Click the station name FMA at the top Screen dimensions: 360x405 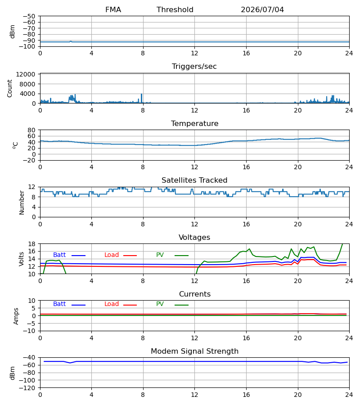113,10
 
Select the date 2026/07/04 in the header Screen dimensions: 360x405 262,10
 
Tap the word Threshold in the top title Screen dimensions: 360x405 175,10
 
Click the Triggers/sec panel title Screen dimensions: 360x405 194,67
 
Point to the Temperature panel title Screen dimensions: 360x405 194,123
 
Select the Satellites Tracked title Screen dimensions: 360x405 194,180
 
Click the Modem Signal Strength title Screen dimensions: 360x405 194,351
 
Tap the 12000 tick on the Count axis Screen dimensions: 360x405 26,74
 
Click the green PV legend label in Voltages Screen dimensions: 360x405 160,255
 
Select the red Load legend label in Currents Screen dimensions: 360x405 112,304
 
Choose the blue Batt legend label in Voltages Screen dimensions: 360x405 59,255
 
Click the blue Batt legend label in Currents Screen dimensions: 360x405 59,304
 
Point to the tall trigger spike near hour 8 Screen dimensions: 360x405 141,98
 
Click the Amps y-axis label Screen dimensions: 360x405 16,316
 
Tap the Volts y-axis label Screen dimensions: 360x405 22,259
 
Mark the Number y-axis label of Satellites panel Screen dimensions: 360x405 22,202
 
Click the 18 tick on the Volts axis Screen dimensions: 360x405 32,244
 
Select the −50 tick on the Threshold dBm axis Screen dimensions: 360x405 29,16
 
